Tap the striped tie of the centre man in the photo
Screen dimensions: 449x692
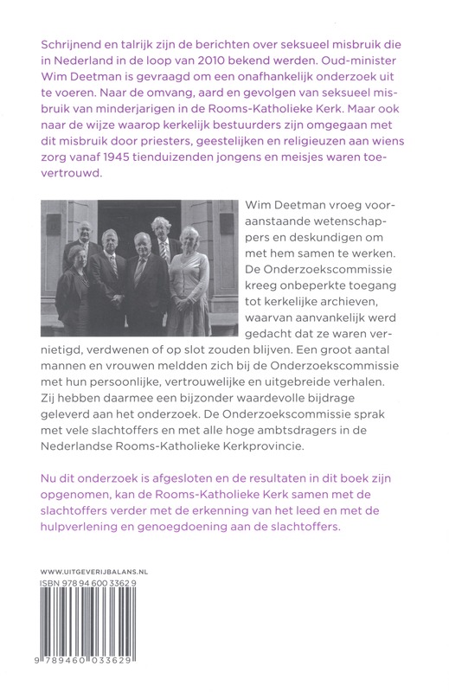click(139, 273)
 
